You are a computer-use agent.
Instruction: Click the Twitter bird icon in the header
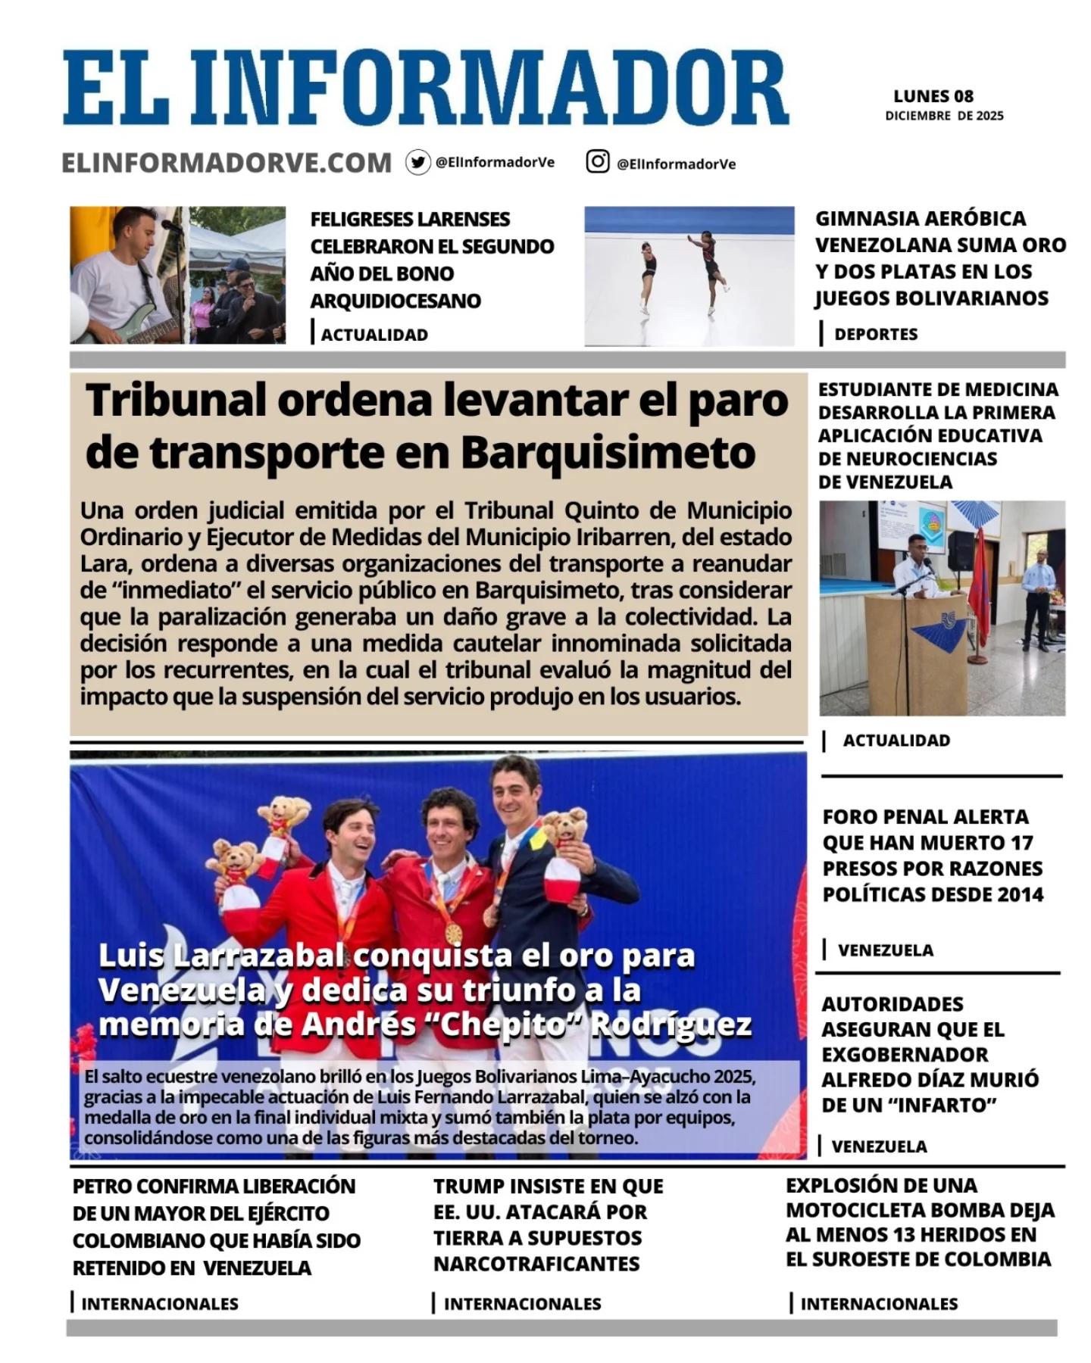[417, 162]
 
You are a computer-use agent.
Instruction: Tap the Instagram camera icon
[597, 161]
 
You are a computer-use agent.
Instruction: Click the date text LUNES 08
[933, 96]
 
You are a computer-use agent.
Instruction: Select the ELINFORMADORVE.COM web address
[227, 163]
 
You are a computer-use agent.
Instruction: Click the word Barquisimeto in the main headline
[608, 453]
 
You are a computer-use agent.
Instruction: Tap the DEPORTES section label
[876, 334]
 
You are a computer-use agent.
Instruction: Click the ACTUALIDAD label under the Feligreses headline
[374, 335]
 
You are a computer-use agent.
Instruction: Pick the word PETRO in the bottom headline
[103, 1187]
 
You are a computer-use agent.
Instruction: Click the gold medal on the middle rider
[453, 933]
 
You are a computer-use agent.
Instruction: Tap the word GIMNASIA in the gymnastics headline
[863, 219]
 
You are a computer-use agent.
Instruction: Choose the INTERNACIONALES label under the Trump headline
[522, 1304]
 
